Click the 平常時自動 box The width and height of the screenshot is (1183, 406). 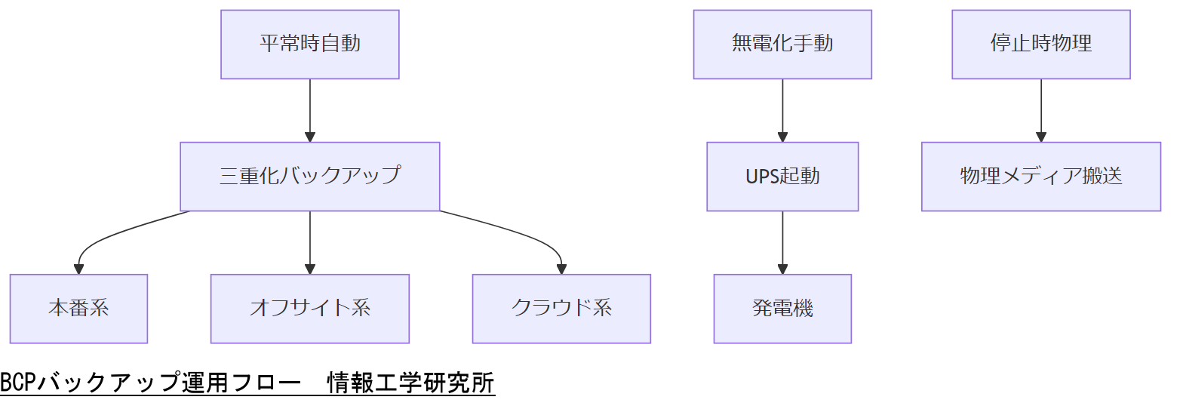(309, 44)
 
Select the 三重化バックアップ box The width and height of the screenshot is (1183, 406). (309, 176)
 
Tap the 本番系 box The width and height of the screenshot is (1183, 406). (78, 308)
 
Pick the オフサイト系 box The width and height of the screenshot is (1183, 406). (309, 308)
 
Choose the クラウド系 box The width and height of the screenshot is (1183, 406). (561, 308)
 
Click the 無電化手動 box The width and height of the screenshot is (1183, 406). (782, 44)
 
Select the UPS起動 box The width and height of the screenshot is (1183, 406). (782, 176)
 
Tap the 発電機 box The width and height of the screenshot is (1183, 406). (782, 308)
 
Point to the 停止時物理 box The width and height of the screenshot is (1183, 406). (1040, 44)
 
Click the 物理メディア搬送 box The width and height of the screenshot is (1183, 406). (1040, 176)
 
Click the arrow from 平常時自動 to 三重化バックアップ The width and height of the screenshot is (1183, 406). (309, 110)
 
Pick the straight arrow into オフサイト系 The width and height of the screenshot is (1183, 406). (309, 241)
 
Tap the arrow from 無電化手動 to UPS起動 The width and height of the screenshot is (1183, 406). (782, 110)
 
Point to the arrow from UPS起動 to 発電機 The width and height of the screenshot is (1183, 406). (782, 241)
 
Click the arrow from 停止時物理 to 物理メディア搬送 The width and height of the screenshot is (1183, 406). (1040, 110)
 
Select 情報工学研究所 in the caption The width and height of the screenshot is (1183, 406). (411, 383)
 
